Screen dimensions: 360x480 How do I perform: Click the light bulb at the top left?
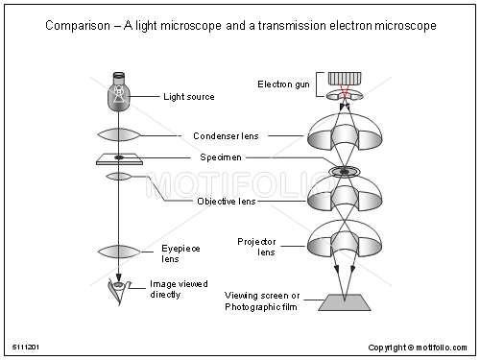[x=119, y=91]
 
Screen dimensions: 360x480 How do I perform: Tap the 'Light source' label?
[x=189, y=97]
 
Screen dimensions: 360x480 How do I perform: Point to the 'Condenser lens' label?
[x=226, y=136]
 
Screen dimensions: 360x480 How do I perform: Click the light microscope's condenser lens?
[x=120, y=135]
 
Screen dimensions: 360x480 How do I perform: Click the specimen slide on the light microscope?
[x=120, y=158]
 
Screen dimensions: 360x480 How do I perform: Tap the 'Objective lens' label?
[x=227, y=202]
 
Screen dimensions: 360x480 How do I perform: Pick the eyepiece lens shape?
[x=120, y=251]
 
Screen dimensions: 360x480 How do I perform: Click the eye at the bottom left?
[x=119, y=290]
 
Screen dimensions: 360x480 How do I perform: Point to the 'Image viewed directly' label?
[x=179, y=290]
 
